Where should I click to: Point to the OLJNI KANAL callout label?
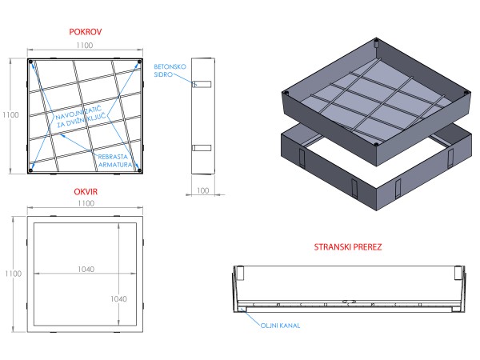[280, 326]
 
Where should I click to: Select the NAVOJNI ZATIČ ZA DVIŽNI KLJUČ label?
[82, 121]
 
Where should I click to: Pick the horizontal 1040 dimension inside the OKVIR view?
[86, 270]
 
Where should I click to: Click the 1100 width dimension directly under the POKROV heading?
[85, 47]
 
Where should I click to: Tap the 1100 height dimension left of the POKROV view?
[10, 115]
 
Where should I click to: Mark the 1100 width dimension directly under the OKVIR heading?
[85, 205]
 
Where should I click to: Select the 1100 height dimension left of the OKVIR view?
[10, 274]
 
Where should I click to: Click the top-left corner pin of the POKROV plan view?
[31, 62]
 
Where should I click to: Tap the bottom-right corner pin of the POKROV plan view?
[138, 169]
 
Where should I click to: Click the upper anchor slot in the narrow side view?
[203, 83]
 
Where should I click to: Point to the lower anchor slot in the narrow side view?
[203, 147]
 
